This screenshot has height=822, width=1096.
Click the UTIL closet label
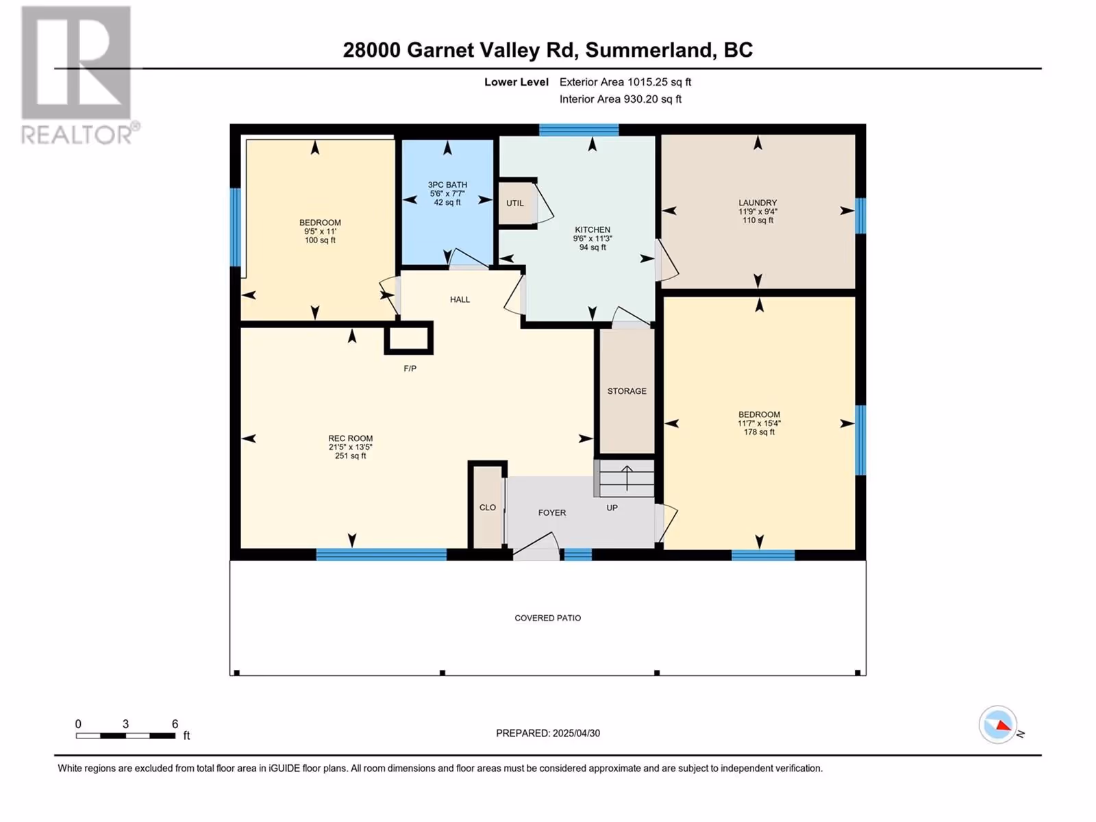tap(515, 203)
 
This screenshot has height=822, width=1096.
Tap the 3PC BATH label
tap(447, 185)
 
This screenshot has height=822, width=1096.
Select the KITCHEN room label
tap(593, 229)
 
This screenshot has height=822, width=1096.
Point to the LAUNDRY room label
tap(758, 203)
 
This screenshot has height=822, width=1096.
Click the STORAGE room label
tap(627, 391)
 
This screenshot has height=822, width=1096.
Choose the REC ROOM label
tap(351, 438)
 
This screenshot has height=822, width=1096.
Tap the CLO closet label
tap(487, 508)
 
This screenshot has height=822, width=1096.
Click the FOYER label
tap(551, 512)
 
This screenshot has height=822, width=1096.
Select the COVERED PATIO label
tap(548, 618)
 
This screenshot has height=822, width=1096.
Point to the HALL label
tap(460, 299)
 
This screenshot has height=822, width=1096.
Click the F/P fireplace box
tap(408, 338)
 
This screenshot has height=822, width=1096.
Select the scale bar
tap(126, 736)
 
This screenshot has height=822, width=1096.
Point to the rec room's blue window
tap(381, 554)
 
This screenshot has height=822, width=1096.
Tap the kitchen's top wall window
tap(579, 129)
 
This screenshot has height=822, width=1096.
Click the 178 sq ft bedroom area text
tap(759, 432)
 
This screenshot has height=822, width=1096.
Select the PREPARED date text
tap(548, 733)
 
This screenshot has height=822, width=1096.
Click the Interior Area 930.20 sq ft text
tap(620, 99)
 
